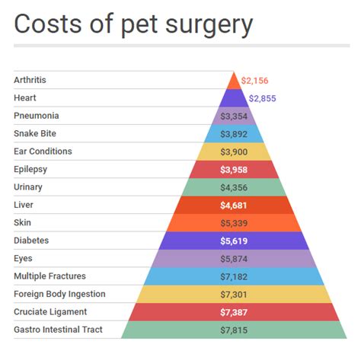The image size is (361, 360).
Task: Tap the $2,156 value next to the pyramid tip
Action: tap(255, 80)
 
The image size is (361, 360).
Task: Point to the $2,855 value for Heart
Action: tap(264, 98)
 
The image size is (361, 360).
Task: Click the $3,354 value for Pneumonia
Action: tap(234, 116)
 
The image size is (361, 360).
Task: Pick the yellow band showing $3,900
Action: tap(234, 151)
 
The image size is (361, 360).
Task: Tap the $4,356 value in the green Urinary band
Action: tap(234, 187)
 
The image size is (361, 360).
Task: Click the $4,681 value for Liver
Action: tap(234, 205)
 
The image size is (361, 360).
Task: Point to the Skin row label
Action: tap(22, 222)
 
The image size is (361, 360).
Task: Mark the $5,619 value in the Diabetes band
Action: tap(234, 241)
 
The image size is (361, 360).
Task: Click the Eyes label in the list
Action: tap(23, 258)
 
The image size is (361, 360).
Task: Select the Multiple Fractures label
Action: tap(50, 276)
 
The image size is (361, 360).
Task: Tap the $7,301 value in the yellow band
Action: tap(234, 294)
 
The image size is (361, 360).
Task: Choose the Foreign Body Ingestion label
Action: tap(59, 294)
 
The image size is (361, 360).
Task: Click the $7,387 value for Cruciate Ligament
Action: tap(234, 312)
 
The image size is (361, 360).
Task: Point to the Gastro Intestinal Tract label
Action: tap(58, 330)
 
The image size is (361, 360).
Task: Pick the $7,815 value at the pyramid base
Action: tap(234, 330)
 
